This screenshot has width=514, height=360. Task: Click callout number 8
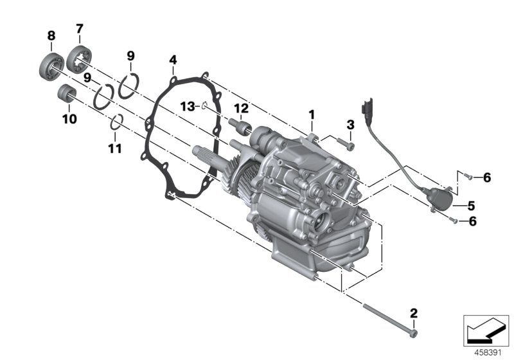(51, 36)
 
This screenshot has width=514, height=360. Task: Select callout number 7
(80, 28)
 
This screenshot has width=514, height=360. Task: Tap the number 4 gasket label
(173, 61)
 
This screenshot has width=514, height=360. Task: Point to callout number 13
(186, 105)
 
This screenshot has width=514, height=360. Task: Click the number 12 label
(240, 107)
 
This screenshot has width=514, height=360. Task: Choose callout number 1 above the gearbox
(312, 115)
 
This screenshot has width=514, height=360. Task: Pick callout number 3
(350, 125)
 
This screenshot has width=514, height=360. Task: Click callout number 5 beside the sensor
(471, 206)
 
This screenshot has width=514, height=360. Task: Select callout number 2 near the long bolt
(414, 313)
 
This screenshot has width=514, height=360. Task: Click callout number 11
(115, 149)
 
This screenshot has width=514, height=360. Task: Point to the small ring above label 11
(116, 122)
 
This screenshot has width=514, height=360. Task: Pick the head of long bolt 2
(414, 334)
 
